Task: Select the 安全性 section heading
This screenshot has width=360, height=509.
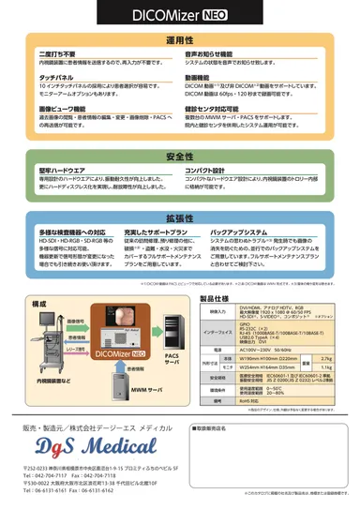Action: point(180,157)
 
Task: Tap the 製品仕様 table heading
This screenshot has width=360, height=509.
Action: point(215,300)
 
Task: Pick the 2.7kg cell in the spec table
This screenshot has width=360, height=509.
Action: point(326,358)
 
